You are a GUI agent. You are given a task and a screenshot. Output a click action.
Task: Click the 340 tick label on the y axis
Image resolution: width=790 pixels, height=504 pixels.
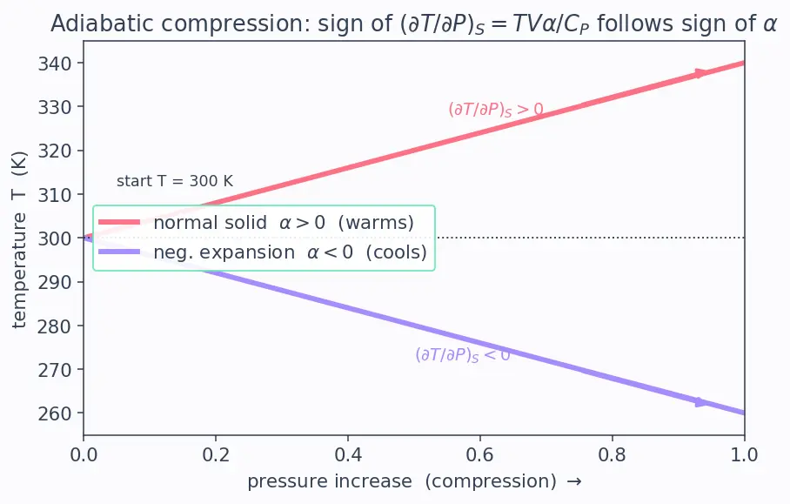[x=55, y=64]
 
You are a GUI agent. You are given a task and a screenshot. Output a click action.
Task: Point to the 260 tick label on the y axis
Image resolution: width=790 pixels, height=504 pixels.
[x=55, y=413]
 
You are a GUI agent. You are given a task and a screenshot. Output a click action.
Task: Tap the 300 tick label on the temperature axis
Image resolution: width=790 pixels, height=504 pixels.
[x=55, y=239]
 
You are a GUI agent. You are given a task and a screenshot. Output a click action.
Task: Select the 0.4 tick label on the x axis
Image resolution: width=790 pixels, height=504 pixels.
[x=348, y=455]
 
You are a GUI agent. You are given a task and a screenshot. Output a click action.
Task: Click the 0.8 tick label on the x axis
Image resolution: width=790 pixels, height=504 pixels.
[x=613, y=455]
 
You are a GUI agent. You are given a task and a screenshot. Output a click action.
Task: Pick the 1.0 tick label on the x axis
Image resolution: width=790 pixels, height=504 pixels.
[x=744, y=455]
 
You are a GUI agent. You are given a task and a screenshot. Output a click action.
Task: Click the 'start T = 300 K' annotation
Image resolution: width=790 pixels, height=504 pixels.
[x=175, y=181]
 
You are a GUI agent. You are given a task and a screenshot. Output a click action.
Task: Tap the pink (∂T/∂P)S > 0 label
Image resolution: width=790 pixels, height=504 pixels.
[x=496, y=110]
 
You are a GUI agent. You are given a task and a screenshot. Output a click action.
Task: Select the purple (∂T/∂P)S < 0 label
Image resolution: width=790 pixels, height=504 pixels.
[x=463, y=355]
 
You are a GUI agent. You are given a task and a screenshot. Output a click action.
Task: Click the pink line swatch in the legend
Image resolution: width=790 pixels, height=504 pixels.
[x=119, y=222]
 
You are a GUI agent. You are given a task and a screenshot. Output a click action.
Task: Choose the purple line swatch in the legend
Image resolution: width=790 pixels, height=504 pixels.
[x=119, y=252]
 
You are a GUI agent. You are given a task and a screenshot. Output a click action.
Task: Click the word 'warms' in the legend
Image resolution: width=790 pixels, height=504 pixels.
[x=376, y=223]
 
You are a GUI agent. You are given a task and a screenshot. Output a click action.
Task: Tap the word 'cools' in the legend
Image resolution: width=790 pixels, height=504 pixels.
[x=397, y=252]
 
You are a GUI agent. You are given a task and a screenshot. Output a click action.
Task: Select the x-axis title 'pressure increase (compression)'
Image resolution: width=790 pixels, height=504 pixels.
[x=402, y=482]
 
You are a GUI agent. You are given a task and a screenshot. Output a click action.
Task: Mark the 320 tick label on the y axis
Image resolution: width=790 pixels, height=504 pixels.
[x=55, y=151]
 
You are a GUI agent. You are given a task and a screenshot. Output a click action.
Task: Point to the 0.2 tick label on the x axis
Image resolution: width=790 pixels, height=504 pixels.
[x=216, y=455]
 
